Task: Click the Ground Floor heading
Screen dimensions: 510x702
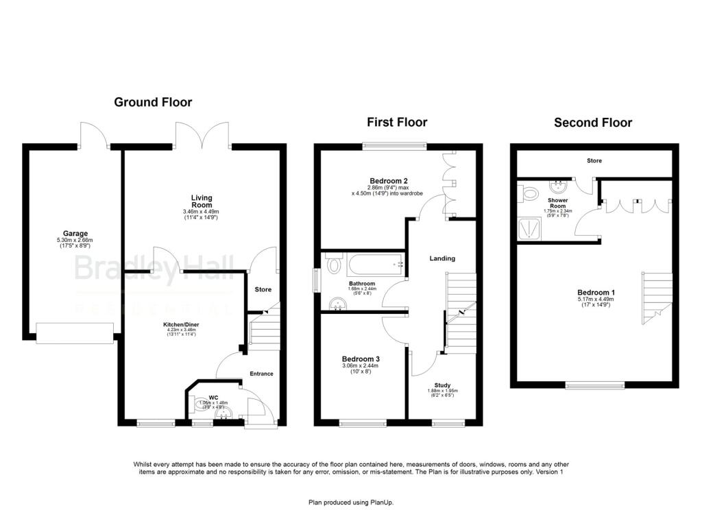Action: [x=153, y=102]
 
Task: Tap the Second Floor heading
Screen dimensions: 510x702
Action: [x=593, y=123]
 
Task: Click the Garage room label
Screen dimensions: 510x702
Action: [x=71, y=234]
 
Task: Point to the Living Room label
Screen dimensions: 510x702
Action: [x=202, y=202]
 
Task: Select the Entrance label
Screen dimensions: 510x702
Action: [x=261, y=374]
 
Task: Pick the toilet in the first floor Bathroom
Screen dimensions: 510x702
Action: [x=334, y=264]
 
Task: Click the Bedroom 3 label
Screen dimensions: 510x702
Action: [x=361, y=359]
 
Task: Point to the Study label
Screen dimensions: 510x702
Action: [x=442, y=386]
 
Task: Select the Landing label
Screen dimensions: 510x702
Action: [x=442, y=258]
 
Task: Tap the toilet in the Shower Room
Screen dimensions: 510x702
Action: [x=529, y=194]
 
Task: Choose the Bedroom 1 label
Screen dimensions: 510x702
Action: [x=596, y=293]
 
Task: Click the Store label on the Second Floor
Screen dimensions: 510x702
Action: [x=594, y=161]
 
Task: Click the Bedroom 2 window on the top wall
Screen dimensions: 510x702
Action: [x=394, y=145]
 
